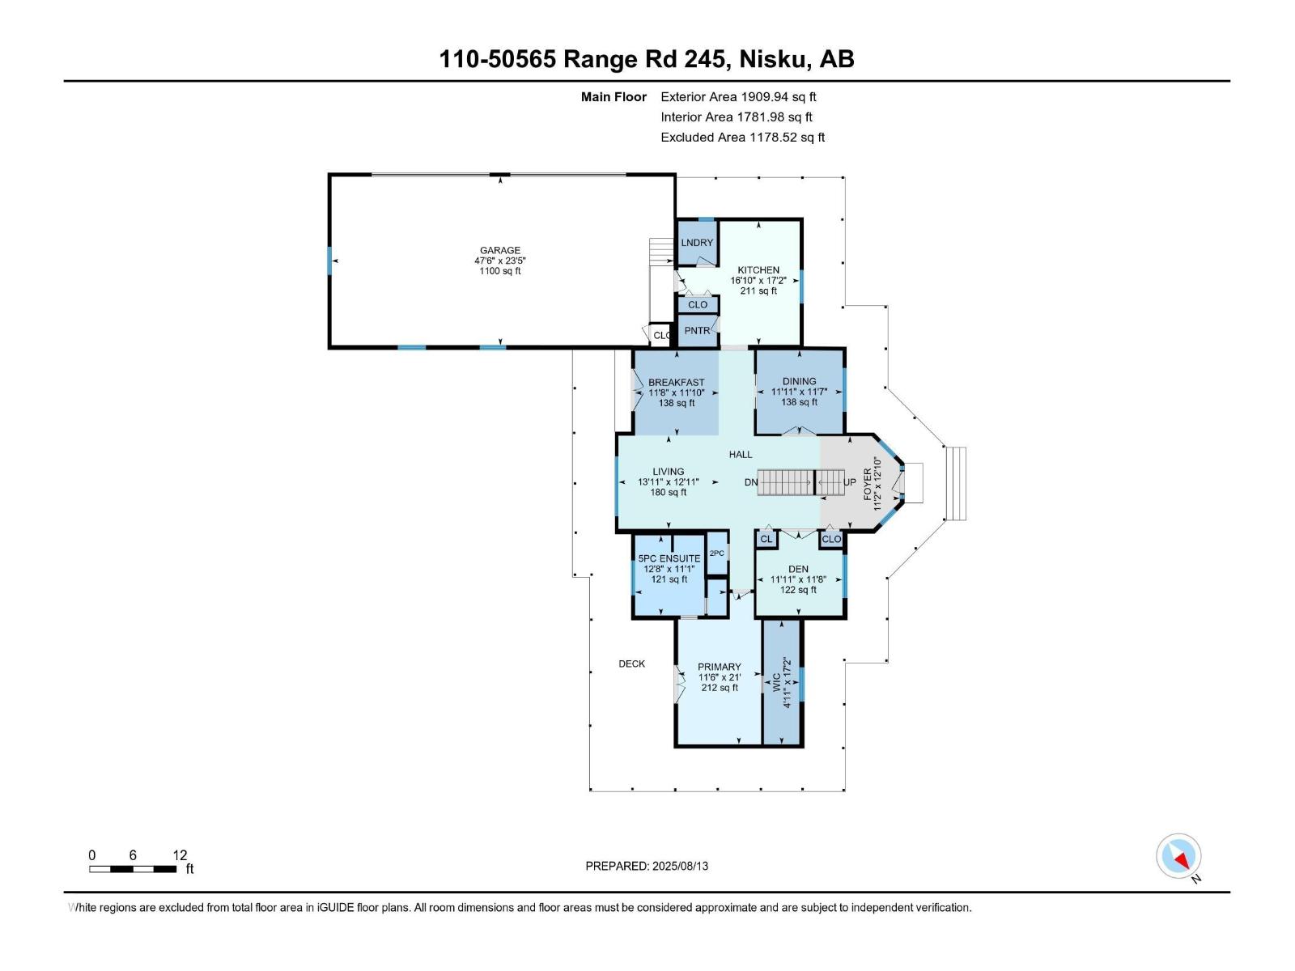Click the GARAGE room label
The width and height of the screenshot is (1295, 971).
coord(499,250)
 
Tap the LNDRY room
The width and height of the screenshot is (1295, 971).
coord(697,242)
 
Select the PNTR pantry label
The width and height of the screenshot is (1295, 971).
coord(697,331)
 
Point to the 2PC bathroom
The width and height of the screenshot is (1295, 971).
coord(717,553)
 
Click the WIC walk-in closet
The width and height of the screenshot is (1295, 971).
coord(781,683)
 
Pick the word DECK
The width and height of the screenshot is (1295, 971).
coord(631,664)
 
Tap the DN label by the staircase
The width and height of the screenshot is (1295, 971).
coord(750,482)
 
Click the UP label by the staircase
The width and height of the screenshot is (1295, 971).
coord(849,482)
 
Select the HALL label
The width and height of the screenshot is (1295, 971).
coord(741,455)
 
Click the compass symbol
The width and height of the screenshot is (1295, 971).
coord(1178,856)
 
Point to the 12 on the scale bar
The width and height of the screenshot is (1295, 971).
coord(180,854)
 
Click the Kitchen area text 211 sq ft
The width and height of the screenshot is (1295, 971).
coord(758,290)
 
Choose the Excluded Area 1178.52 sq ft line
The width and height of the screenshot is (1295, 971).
coord(742,138)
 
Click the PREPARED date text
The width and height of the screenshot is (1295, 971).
coord(647,866)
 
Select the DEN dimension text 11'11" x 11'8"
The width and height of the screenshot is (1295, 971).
coord(798,579)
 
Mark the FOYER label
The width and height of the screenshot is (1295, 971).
coord(868,484)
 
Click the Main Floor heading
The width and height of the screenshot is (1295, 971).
coord(614,97)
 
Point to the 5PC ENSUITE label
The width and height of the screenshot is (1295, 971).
coord(669,558)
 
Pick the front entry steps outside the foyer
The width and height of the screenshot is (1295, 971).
coord(956,484)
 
